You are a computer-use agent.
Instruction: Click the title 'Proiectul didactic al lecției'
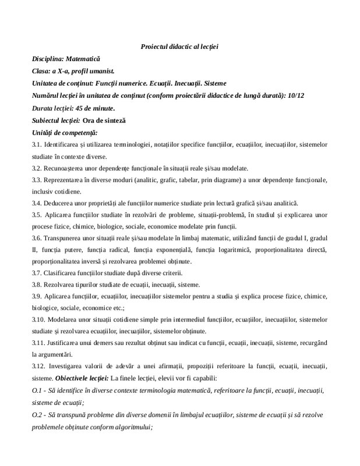click(179, 46)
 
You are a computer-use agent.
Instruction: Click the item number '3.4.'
click(38, 204)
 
